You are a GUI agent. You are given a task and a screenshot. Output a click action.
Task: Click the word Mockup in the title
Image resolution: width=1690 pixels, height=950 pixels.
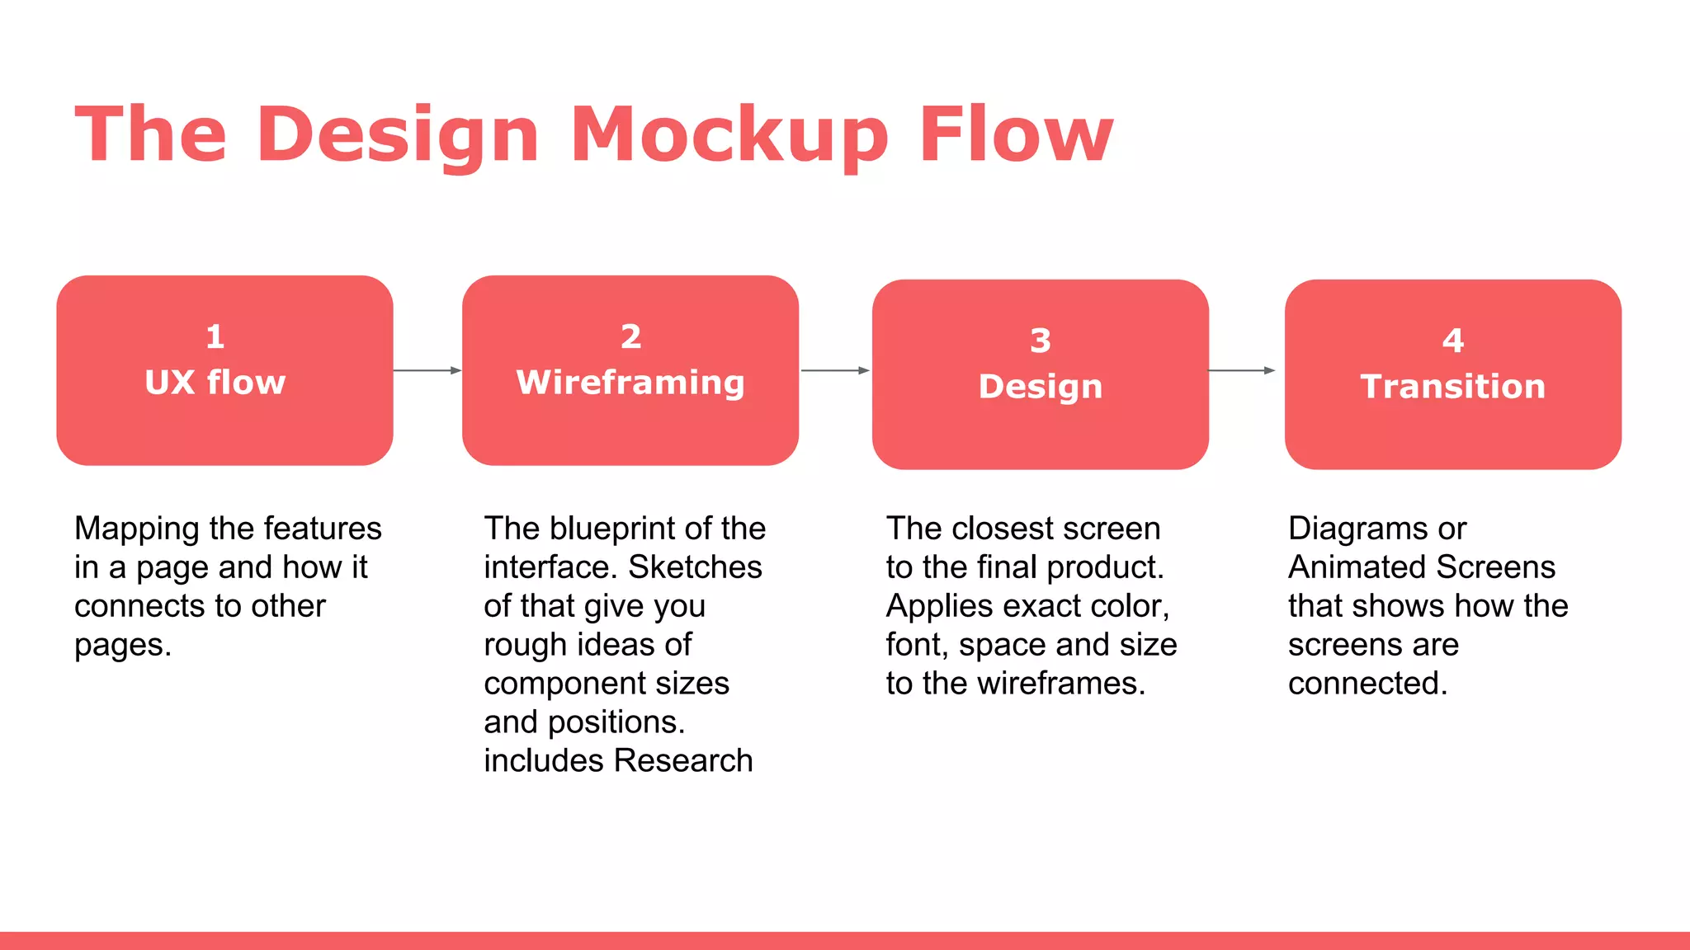coord(729,135)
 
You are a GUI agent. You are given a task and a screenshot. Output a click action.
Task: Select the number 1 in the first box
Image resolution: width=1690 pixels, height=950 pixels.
coord(215,336)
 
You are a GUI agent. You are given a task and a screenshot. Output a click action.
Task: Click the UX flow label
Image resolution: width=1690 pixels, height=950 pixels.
coord(215,383)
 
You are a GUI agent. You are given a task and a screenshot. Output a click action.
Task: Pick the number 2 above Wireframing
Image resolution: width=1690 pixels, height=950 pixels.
coord(630,336)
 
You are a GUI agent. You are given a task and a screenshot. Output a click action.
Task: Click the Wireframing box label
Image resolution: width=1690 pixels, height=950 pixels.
coord(630,383)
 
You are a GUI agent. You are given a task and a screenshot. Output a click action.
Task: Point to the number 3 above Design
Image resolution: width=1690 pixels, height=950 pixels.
coord(1041,341)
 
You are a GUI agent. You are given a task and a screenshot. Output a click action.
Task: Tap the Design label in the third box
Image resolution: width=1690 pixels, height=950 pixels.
coord(1041,387)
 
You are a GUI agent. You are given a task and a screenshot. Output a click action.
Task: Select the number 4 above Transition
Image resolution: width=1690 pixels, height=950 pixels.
coord(1453,341)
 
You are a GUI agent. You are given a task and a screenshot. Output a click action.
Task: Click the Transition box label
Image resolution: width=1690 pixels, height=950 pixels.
coord(1453,387)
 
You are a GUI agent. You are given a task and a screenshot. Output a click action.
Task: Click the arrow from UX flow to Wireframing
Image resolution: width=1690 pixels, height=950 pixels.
coord(427,371)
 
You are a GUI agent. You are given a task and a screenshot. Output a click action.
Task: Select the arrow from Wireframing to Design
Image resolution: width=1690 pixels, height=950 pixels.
coord(835,371)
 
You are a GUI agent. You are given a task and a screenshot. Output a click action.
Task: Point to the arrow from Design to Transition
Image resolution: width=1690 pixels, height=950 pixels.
coord(1242,371)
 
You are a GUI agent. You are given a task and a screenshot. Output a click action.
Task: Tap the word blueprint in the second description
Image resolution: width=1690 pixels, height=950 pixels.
coord(626,529)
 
